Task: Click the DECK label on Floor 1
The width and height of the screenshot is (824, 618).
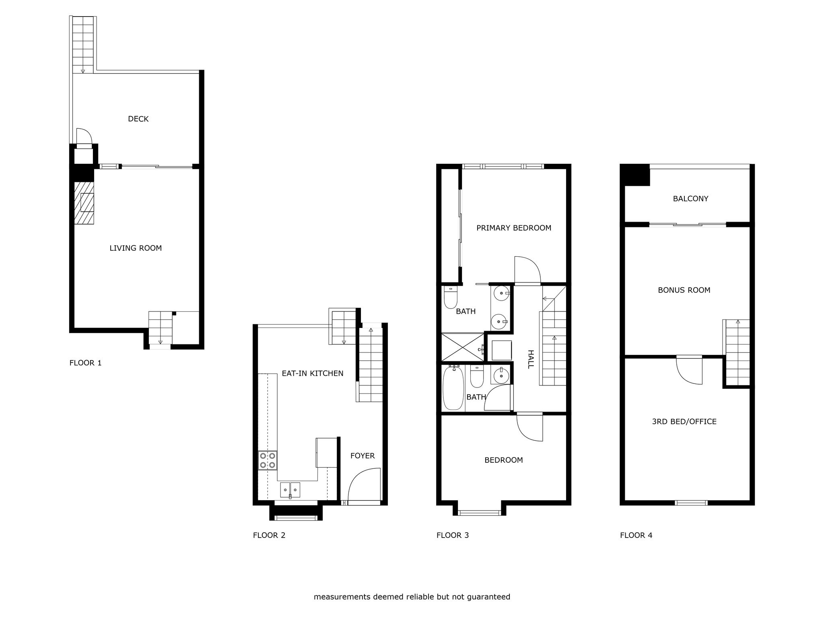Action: pos(138,119)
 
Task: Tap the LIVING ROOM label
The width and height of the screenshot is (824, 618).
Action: pos(136,248)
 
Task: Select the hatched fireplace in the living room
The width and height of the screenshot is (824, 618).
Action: pos(84,203)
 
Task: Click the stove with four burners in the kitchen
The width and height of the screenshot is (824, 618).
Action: pos(268,460)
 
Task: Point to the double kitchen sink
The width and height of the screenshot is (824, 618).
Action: pos(290,490)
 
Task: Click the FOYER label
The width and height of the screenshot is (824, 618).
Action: pos(363,456)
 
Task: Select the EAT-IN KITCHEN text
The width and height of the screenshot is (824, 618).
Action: pos(313,373)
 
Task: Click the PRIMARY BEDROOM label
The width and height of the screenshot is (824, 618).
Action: pos(514,228)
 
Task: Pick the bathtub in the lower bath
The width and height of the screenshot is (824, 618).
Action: pos(453,388)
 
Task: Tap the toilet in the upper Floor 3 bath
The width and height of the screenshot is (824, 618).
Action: pos(450,297)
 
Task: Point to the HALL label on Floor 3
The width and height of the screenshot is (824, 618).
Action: pos(531,359)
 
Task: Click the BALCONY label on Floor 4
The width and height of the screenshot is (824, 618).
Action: pos(690,199)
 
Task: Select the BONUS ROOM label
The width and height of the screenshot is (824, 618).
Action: pos(684,290)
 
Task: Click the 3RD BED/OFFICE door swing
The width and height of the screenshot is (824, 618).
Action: pos(689,371)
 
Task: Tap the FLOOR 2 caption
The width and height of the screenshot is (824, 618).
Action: pos(269,535)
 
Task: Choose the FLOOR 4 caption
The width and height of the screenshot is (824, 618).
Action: pos(636,535)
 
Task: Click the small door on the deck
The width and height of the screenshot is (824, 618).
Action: pos(84,136)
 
